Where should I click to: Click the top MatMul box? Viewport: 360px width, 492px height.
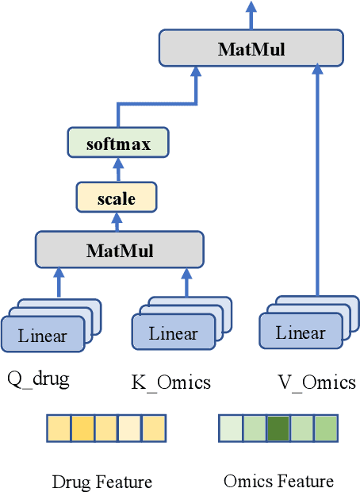[251, 48]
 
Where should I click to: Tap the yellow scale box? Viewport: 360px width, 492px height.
[116, 198]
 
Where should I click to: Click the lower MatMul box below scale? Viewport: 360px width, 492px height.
[119, 250]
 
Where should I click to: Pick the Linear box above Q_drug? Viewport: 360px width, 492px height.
[44, 335]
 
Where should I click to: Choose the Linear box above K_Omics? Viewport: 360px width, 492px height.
[172, 332]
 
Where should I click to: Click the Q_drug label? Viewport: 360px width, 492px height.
[38, 379]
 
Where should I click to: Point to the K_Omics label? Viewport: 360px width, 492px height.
[170, 382]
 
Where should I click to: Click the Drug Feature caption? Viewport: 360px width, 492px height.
[101, 482]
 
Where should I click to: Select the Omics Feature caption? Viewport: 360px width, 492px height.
[278, 481]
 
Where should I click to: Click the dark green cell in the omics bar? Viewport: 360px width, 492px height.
[278, 429]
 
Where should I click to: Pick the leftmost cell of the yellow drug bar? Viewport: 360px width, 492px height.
[59, 429]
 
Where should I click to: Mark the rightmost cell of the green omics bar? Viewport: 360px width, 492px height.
[326, 429]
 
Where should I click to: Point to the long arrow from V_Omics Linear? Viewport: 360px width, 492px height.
[317, 183]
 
